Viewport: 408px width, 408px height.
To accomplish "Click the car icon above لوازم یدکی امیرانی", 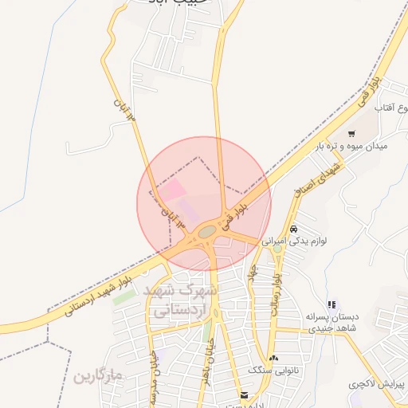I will pyautogui.click(x=294, y=228).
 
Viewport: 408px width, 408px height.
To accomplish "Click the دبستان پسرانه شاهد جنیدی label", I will pyautogui.click(x=331, y=321).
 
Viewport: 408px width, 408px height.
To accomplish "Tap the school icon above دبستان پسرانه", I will pyautogui.click(x=331, y=304).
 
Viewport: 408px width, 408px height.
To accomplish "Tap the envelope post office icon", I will pyautogui.click(x=244, y=394).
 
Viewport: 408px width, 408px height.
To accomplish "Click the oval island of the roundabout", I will pyautogui.click(x=207, y=231).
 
